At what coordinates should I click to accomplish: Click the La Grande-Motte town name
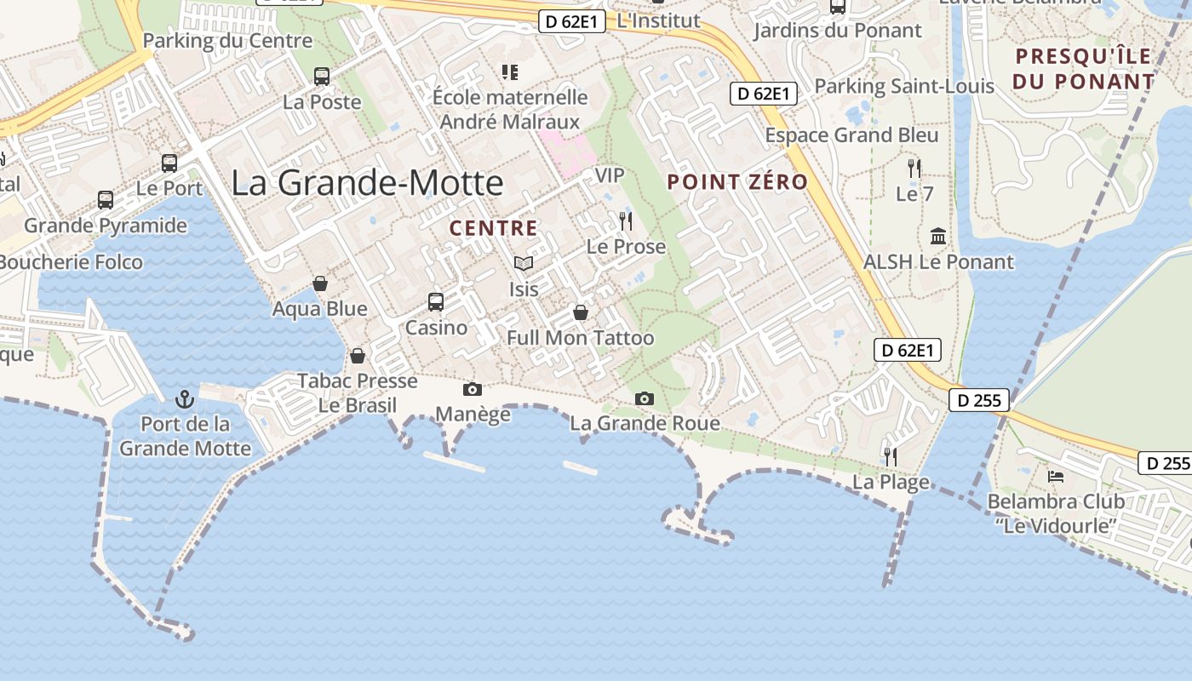coord(367,183)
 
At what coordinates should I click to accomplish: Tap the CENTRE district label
coord(494,228)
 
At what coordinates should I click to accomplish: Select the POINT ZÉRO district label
coord(737,181)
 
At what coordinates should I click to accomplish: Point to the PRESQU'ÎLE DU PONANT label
coord(1084,69)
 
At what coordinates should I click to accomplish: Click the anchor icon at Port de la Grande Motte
coord(184,398)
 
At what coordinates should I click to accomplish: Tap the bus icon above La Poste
coord(322,77)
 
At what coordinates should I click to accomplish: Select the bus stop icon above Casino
coord(436,301)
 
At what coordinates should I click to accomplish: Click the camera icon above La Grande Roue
coord(645,398)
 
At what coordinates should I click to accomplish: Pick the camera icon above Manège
coord(472,389)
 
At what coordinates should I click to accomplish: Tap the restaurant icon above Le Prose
coord(626,221)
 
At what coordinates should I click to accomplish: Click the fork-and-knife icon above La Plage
coord(891,456)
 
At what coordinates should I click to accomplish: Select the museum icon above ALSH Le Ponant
coord(938,236)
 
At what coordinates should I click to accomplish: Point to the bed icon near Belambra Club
coord(1056,476)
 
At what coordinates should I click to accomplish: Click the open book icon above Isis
coord(524,264)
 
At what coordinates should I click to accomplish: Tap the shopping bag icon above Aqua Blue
coord(320,283)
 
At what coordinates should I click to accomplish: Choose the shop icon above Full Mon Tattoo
coord(581,312)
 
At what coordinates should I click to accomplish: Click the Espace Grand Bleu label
coord(851,135)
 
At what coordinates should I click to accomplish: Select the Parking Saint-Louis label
coord(904,86)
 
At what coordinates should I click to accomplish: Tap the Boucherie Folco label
coord(71,262)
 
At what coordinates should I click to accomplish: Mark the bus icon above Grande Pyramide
coord(106,200)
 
